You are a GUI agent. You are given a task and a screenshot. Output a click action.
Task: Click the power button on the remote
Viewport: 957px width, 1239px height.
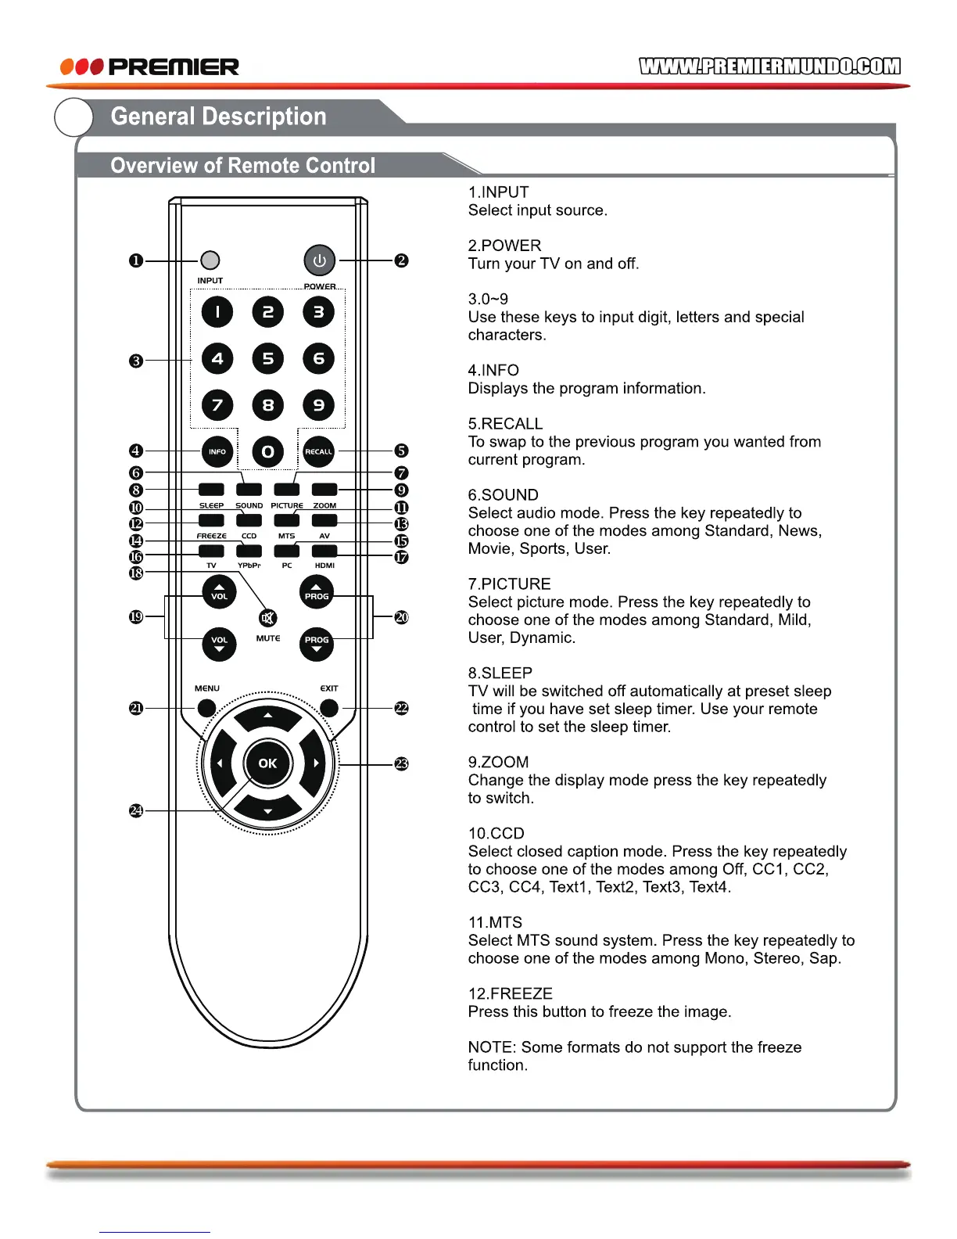[319, 260]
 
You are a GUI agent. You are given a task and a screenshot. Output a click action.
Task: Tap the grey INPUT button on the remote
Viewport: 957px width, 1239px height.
[210, 260]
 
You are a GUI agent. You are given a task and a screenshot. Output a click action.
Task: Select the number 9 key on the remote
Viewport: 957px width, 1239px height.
[318, 405]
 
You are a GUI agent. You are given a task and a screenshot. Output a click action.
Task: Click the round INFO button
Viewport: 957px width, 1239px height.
[217, 451]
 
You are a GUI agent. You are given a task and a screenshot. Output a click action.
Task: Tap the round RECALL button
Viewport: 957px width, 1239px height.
[318, 451]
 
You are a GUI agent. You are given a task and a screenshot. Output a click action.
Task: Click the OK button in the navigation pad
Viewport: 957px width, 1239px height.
[267, 763]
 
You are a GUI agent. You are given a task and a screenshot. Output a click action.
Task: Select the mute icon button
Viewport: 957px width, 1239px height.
[267, 619]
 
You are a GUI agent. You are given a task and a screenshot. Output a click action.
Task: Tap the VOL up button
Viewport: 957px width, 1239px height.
[219, 593]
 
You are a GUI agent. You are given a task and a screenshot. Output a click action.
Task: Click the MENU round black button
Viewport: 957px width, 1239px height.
[206, 708]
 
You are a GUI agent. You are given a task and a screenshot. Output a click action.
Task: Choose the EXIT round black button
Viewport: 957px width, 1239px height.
[329, 708]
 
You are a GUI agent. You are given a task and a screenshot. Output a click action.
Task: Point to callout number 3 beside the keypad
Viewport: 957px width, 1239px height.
[136, 361]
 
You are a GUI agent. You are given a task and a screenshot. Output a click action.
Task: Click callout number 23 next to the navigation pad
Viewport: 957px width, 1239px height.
[401, 763]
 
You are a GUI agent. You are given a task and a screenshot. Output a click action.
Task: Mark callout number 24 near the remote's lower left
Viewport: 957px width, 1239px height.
[136, 810]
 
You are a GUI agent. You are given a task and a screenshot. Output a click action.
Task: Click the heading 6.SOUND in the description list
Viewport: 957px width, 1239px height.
[504, 495]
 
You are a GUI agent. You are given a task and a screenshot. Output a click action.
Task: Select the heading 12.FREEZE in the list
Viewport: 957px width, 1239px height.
[511, 993]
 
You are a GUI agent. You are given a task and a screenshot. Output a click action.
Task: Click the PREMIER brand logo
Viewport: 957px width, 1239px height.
[150, 66]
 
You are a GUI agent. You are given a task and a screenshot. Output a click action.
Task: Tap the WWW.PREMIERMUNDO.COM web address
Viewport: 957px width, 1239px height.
[769, 66]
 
